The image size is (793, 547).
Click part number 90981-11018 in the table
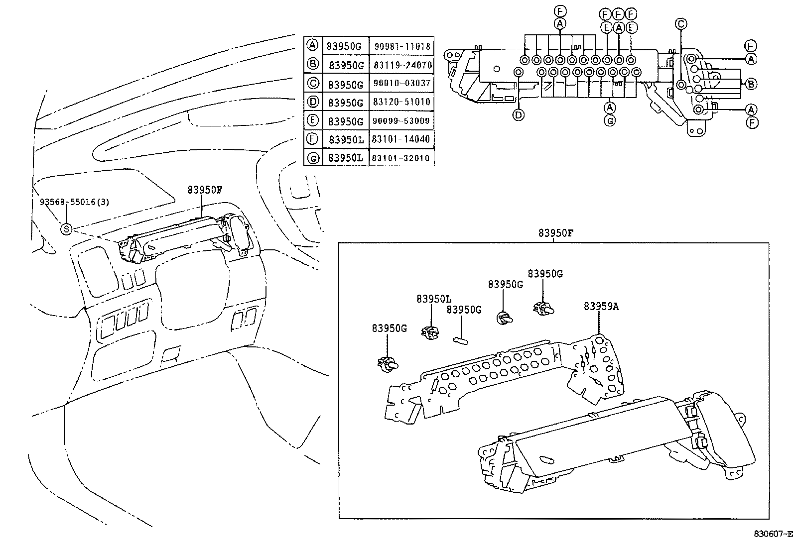pyautogui.click(x=401, y=46)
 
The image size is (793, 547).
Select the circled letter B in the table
pyautogui.click(x=312, y=64)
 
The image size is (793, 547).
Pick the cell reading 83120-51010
pyautogui.click(x=401, y=102)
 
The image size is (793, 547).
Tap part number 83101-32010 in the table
pyautogui.click(x=401, y=158)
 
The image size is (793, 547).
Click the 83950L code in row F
pyautogui.click(x=346, y=140)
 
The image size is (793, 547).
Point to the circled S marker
pyautogui.click(x=66, y=229)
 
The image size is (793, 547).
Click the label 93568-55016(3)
pyautogui.click(x=74, y=203)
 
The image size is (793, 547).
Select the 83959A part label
pyautogui.click(x=601, y=307)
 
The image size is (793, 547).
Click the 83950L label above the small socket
pyautogui.click(x=434, y=299)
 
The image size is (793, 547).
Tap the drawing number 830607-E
pyautogui.click(x=772, y=534)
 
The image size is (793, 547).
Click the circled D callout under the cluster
pyautogui.click(x=519, y=115)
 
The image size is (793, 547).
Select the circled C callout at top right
pyautogui.click(x=681, y=23)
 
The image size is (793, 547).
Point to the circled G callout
pyautogui.click(x=610, y=120)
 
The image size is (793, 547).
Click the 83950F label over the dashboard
pyautogui.click(x=205, y=190)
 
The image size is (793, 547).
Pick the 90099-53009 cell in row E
pyautogui.click(x=401, y=121)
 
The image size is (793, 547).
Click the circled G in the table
pyautogui.click(x=312, y=159)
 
